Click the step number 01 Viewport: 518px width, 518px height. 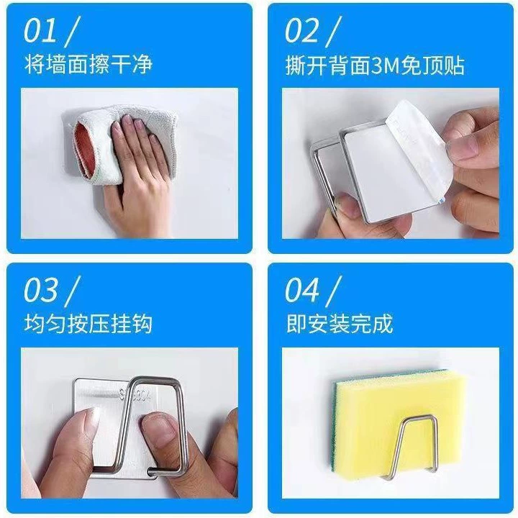(x=40, y=31)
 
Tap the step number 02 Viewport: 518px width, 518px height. (x=302, y=31)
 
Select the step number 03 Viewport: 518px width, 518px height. (x=40, y=290)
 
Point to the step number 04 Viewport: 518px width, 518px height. (x=302, y=290)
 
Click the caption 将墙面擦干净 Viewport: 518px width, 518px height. (x=88, y=65)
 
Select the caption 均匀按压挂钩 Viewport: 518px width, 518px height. (x=88, y=324)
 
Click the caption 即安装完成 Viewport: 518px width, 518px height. (x=340, y=324)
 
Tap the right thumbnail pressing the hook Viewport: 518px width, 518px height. (x=159, y=426)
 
